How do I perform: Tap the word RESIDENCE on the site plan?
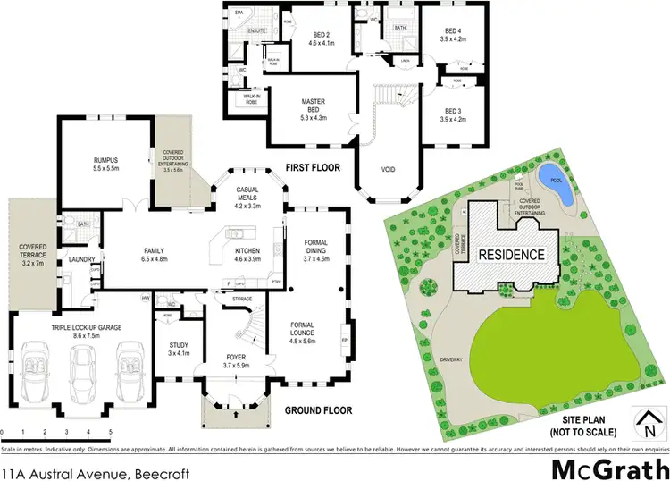click(x=510, y=254)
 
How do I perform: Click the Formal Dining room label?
click(x=317, y=247)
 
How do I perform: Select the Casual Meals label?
click(x=247, y=195)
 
